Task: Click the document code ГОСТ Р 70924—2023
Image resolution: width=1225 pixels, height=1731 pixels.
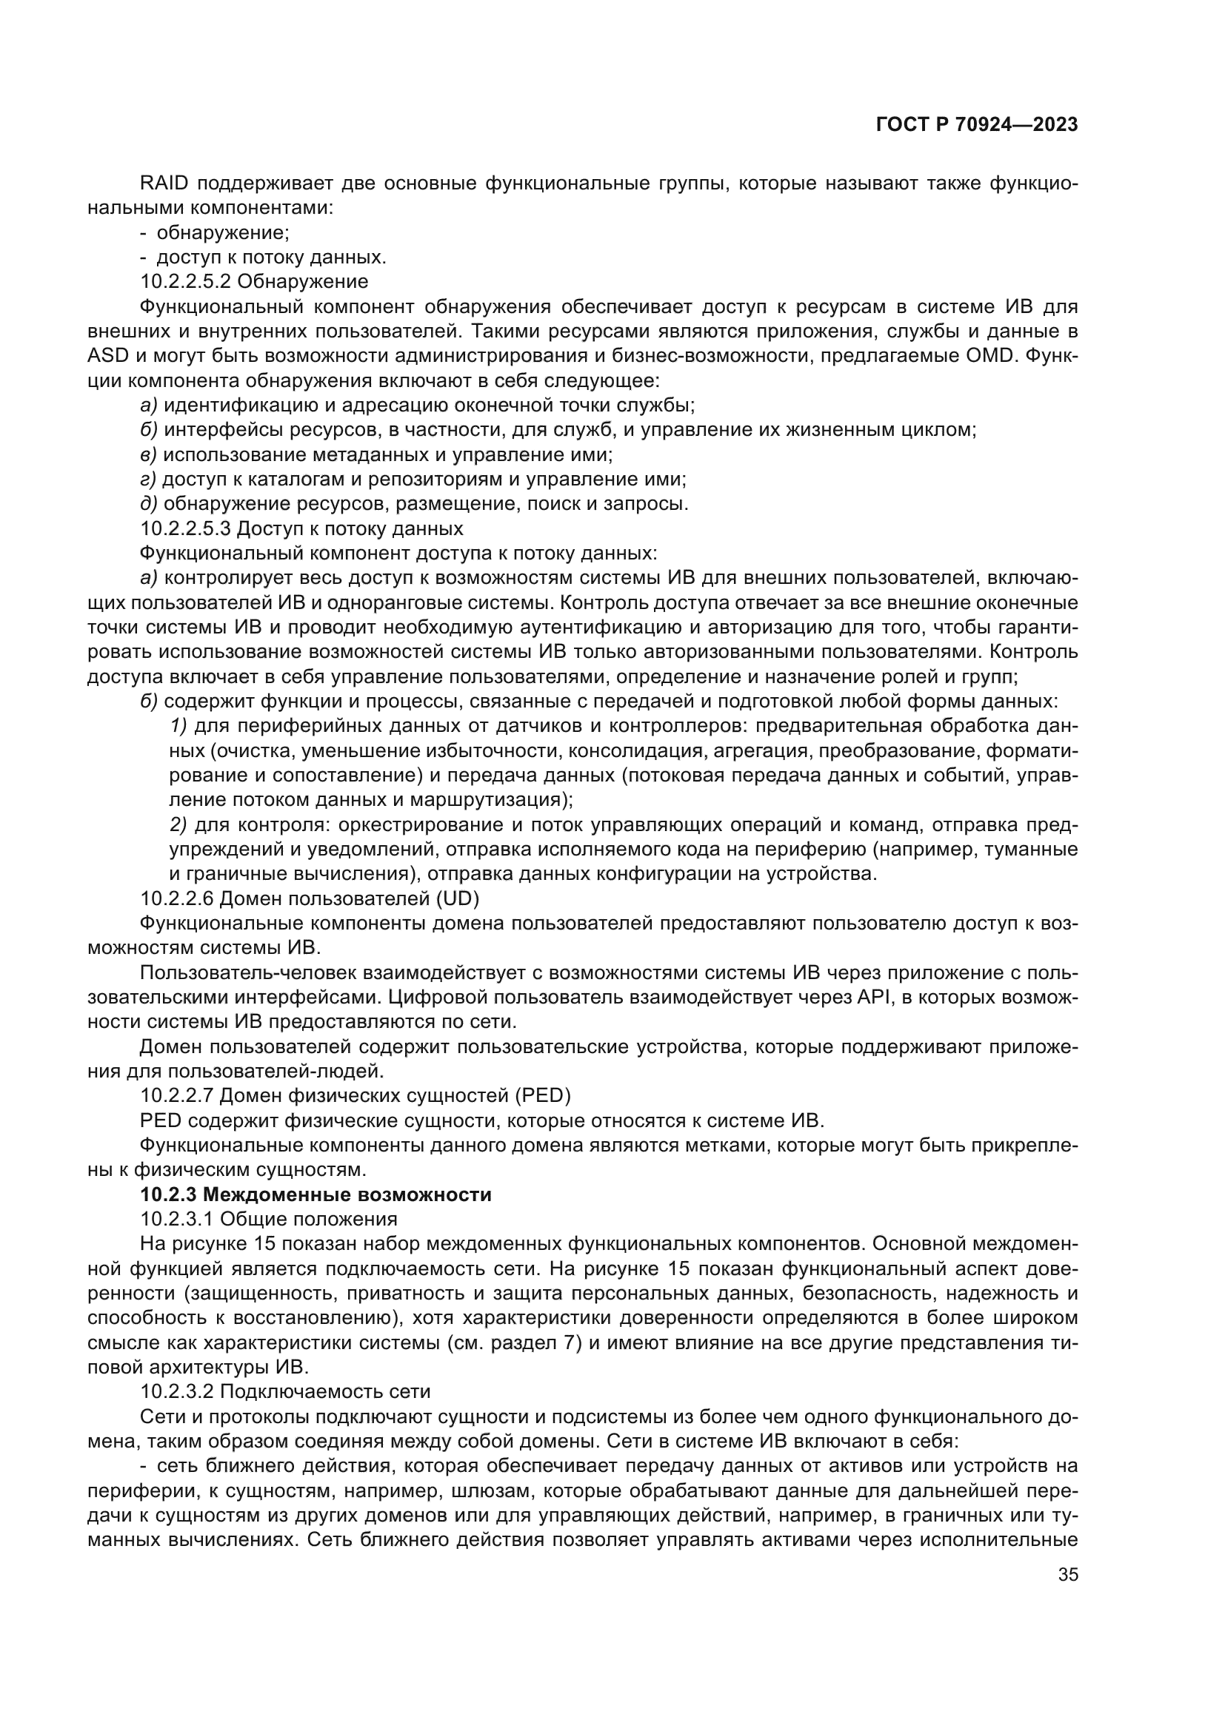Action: [976, 125]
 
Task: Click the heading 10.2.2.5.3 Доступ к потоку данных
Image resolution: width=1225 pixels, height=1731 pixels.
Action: [301, 528]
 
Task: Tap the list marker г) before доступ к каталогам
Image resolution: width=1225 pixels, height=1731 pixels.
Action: [148, 480]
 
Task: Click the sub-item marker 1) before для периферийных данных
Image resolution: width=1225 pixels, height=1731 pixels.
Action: [178, 726]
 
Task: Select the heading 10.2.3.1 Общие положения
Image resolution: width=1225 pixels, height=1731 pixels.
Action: [269, 1219]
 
